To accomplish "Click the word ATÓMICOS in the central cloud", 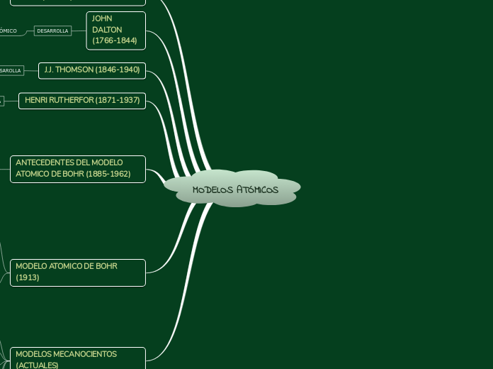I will [x=257, y=190].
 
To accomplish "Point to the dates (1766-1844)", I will [x=115, y=41].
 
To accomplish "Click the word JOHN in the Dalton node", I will [x=102, y=18].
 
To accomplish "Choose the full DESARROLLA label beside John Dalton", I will [x=53, y=31].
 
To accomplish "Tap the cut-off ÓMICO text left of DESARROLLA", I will [x=8, y=31].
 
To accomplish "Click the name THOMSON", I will [x=76, y=70].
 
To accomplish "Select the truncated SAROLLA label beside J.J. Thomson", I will [x=11, y=70].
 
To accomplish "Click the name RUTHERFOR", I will [x=71, y=101].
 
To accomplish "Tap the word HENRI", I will [x=35, y=101].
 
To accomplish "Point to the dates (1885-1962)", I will [x=108, y=174].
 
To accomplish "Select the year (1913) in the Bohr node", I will [x=28, y=277].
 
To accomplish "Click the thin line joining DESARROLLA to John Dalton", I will [x=79, y=31].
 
